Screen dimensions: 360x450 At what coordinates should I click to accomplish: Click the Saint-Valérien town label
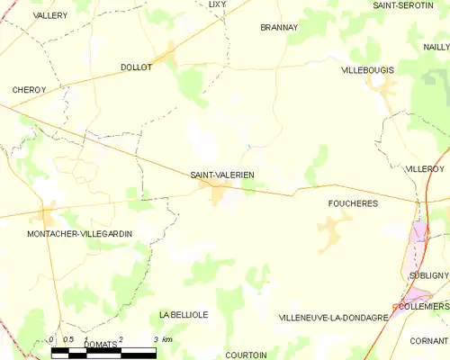click(222, 175)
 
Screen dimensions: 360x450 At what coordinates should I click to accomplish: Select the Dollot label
click(136, 67)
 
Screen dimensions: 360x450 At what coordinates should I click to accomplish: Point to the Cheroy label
click(29, 90)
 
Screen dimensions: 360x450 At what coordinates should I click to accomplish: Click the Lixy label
click(217, 4)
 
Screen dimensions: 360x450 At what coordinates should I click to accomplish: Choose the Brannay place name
click(278, 28)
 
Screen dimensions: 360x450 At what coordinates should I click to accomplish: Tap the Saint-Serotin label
click(403, 5)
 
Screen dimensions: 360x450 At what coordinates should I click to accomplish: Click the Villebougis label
click(369, 69)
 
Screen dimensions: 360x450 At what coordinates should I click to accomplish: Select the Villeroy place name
click(425, 168)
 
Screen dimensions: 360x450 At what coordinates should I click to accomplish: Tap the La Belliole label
click(184, 314)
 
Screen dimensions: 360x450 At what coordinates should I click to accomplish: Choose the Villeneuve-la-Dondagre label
click(333, 318)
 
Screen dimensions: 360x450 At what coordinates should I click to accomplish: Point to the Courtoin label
click(245, 355)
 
